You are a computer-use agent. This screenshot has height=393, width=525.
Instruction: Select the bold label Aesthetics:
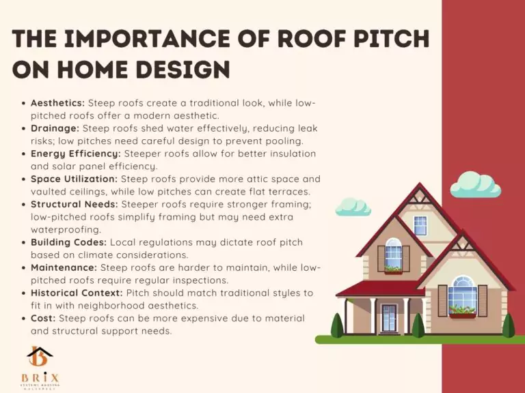point(57,102)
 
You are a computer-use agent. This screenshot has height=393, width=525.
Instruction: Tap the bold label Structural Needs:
point(75,204)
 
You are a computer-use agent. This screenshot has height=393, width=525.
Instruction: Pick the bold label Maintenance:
point(64,267)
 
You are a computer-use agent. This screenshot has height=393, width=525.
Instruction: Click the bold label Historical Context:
point(77,293)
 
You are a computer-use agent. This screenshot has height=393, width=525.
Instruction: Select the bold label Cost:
point(44,319)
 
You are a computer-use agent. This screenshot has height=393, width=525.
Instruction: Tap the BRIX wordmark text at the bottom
point(39,377)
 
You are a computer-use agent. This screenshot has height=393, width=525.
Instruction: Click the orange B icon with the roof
point(39,356)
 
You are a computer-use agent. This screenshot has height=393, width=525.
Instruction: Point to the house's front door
point(389,317)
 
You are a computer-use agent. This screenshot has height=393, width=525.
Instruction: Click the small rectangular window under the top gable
point(420,224)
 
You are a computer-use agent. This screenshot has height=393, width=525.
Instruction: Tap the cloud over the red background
point(476,184)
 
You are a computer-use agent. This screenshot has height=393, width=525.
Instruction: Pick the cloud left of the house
point(353,205)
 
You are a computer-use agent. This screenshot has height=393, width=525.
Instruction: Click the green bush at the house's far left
point(337,326)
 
